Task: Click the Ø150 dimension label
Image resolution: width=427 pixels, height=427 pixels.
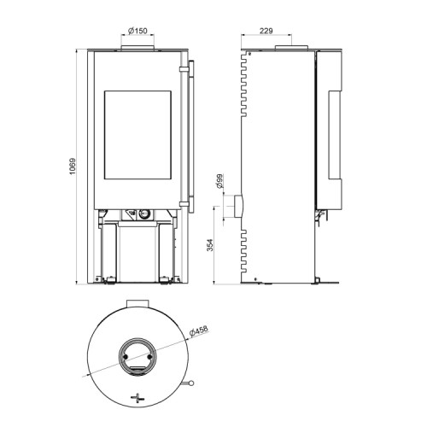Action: coord(137,31)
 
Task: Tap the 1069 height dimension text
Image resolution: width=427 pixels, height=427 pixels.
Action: coord(73,167)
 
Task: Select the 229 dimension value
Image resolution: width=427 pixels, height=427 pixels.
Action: coord(266,31)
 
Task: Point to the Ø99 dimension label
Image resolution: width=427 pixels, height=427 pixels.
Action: coord(219,181)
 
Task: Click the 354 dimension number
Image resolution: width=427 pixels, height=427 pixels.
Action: coord(210,245)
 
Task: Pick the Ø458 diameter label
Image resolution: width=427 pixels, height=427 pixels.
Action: coord(199,331)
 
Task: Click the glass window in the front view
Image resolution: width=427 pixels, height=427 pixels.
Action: coord(137,135)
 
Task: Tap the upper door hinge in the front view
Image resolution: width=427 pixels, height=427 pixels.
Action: coord(184,69)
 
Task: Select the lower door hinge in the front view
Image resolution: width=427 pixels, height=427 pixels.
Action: coord(184,204)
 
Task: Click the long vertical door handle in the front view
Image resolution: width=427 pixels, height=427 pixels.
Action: coord(191,137)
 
